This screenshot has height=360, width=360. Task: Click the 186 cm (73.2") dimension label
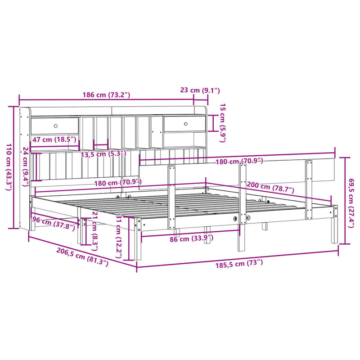point(107,95)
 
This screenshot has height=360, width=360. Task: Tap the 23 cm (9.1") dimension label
point(205,90)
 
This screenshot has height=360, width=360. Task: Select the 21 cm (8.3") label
point(94,229)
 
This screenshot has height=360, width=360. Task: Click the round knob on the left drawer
point(56,126)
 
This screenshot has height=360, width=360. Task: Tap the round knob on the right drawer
point(185,123)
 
